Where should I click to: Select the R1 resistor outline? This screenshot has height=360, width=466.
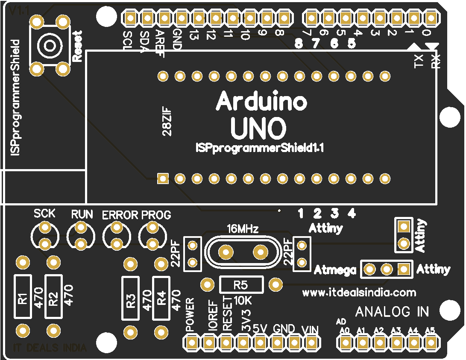point(23,296)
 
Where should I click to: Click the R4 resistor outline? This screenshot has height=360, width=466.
point(161,298)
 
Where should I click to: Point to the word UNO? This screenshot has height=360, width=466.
point(258,128)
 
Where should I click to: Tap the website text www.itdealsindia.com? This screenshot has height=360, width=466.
point(359,293)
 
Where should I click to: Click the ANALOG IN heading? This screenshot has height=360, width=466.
point(392,312)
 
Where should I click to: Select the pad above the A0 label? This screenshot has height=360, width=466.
point(345,342)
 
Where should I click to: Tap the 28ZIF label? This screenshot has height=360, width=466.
point(167,124)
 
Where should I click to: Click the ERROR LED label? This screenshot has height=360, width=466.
point(120,215)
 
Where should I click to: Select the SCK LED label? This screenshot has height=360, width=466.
point(44,213)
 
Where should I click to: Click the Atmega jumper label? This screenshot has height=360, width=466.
point(335,270)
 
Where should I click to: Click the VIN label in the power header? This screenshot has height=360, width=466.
point(311,329)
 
